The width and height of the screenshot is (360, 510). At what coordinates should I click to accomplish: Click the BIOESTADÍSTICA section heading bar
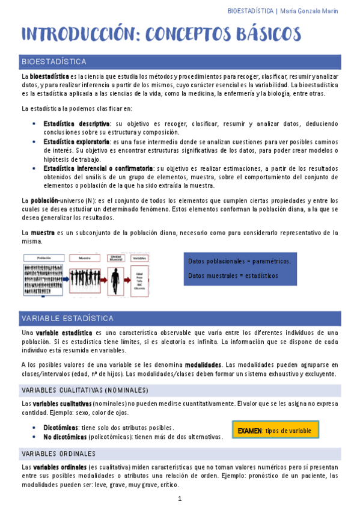(x=181, y=61)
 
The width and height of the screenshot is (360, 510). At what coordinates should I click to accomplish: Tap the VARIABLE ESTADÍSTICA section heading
(x=181, y=318)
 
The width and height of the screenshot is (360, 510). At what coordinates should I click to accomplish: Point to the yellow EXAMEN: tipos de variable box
(x=275, y=431)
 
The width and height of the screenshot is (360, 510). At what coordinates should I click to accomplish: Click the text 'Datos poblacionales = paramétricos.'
(x=239, y=261)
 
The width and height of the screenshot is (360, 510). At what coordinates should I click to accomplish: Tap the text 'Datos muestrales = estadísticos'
(x=233, y=275)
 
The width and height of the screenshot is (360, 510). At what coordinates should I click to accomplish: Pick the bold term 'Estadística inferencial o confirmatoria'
(x=97, y=168)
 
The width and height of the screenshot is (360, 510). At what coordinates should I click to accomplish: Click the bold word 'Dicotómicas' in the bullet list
(x=61, y=427)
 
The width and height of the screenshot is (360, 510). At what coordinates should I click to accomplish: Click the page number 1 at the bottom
(x=180, y=499)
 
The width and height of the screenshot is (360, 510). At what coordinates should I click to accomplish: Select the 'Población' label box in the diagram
(x=43, y=257)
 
